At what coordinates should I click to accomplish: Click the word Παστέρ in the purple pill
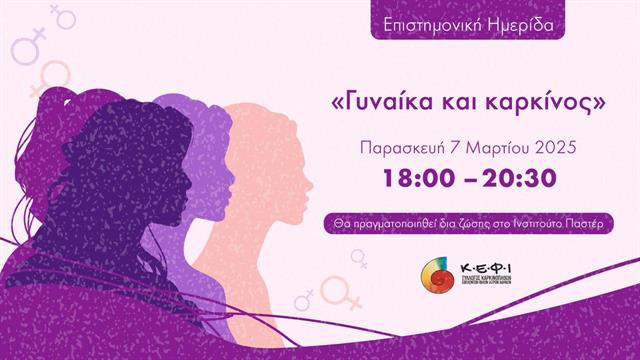point(582,221)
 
